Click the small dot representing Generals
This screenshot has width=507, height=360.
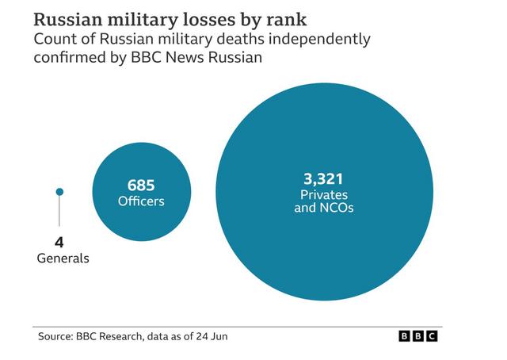[x=59, y=192]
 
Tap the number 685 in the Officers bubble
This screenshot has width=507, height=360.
[x=141, y=186]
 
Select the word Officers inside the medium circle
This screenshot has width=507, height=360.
[x=141, y=201]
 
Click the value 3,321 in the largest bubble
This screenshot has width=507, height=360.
[x=323, y=179]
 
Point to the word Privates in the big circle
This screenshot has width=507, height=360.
[x=324, y=195]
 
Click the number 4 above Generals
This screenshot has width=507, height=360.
[x=59, y=242]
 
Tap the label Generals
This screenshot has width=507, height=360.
[x=63, y=259]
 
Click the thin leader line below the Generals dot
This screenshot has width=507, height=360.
[x=59, y=211]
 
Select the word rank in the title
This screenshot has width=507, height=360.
[x=287, y=19]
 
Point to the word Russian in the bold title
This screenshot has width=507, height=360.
[x=68, y=19]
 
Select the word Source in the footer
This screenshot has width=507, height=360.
[x=55, y=336]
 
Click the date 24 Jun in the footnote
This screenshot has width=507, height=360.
[x=212, y=336]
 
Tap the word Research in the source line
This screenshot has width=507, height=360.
[x=120, y=337]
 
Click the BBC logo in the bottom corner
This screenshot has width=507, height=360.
[x=418, y=336]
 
